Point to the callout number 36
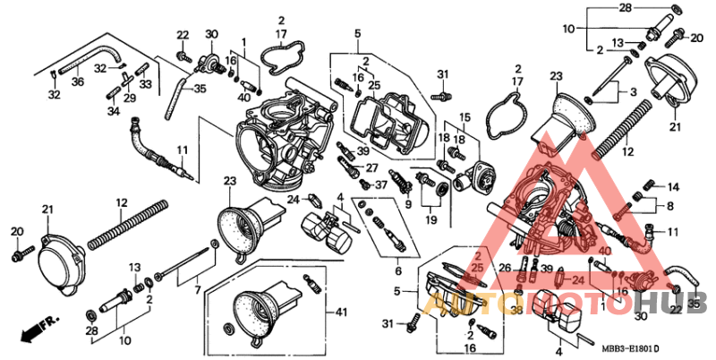(x=77, y=81)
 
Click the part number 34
(x=113, y=112)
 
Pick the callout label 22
(x=183, y=35)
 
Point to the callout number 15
(x=465, y=117)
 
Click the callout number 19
(x=431, y=219)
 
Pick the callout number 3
(x=634, y=92)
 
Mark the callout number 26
(x=505, y=269)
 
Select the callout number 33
(x=145, y=84)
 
